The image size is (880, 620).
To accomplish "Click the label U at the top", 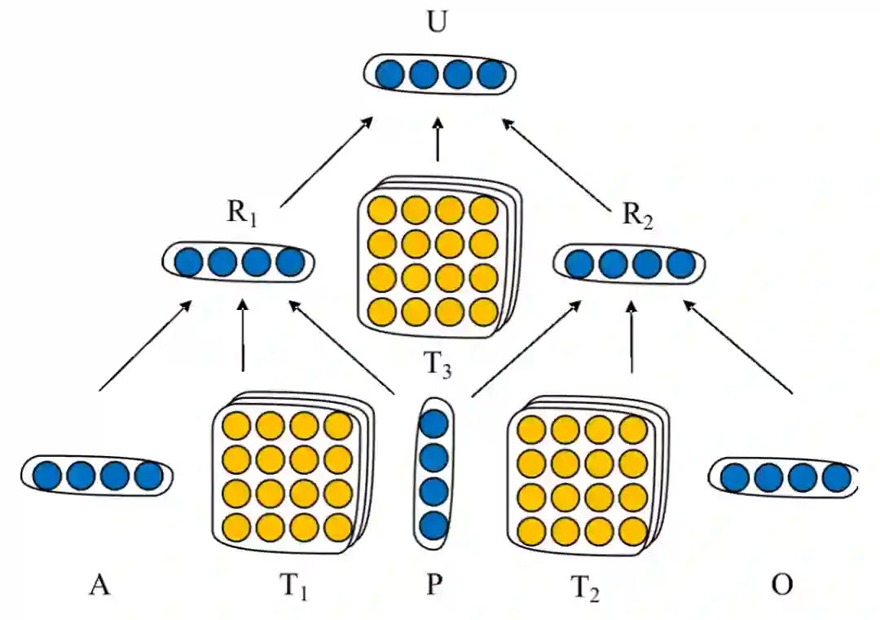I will point(438,22).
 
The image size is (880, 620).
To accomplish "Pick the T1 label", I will point(295,586).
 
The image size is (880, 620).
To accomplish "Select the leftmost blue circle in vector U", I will point(390,74).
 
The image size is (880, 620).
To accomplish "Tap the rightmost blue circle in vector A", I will point(149,475).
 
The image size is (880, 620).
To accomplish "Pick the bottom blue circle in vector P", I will point(433,525).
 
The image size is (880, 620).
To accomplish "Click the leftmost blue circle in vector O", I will point(736,477).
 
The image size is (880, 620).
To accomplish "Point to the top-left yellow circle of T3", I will point(382,210).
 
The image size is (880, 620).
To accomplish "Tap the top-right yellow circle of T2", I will point(632,429).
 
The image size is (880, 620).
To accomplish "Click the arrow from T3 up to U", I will point(438,140).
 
